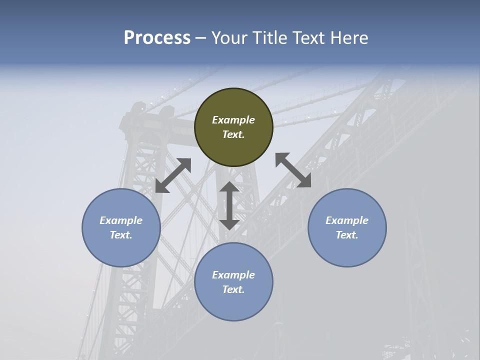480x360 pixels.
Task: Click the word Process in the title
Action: pyautogui.click(x=157, y=38)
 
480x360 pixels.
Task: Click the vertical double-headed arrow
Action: pyautogui.click(x=229, y=205)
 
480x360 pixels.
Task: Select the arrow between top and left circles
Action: pyautogui.click(x=173, y=175)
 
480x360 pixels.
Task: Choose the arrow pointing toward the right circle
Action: pyautogui.click(x=293, y=170)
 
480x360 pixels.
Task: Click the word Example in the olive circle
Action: pyautogui.click(x=233, y=120)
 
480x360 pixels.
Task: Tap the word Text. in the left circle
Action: pyautogui.click(x=121, y=235)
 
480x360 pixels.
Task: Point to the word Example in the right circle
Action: pyautogui.click(x=347, y=220)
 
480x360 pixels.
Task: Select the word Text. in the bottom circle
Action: pyautogui.click(x=233, y=289)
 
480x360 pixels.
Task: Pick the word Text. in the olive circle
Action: pyautogui.click(x=233, y=134)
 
